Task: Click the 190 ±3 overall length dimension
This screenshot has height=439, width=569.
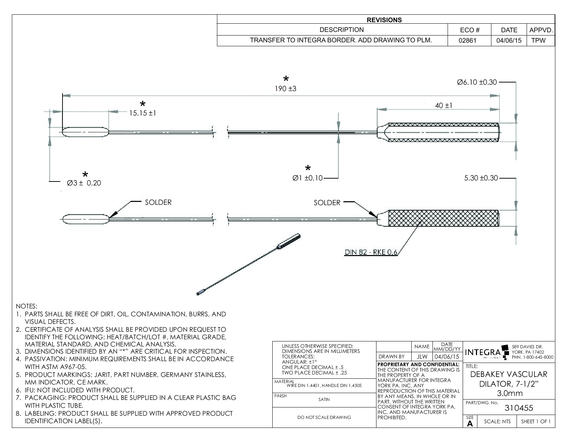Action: click(x=286, y=89)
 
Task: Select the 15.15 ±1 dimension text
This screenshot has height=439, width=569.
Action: click(x=143, y=113)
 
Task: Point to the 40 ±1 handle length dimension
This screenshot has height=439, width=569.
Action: click(x=444, y=105)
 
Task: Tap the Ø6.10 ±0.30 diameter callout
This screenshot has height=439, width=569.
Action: click(x=477, y=82)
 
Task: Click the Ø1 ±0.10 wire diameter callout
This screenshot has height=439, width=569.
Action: click(x=308, y=178)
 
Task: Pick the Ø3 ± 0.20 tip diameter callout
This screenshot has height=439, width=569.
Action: click(x=84, y=183)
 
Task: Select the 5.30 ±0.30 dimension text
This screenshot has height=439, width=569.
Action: click(x=481, y=178)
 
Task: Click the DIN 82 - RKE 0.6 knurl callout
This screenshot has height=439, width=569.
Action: click(x=371, y=252)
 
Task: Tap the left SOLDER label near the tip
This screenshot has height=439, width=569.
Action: click(x=158, y=202)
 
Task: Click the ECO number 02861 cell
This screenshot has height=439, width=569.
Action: click(x=467, y=41)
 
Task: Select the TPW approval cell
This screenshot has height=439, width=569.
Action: click(x=538, y=41)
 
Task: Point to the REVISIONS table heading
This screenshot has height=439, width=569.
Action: click(x=384, y=20)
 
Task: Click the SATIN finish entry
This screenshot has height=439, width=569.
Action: click(x=324, y=400)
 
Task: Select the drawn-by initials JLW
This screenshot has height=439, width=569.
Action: click(x=422, y=357)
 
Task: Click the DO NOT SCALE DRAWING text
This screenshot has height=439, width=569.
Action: click(x=324, y=417)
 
